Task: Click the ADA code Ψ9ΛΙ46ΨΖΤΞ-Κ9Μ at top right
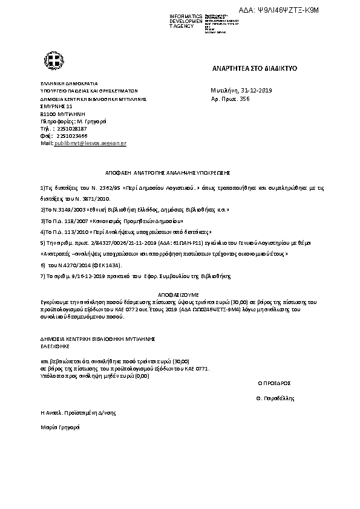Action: click(x=295, y=10)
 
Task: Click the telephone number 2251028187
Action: click(x=71, y=129)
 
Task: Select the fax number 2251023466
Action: click(x=71, y=136)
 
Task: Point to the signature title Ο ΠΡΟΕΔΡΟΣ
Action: click(x=275, y=383)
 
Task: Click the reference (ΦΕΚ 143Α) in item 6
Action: click(x=104, y=265)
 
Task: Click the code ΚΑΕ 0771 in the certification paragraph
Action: click(x=197, y=368)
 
